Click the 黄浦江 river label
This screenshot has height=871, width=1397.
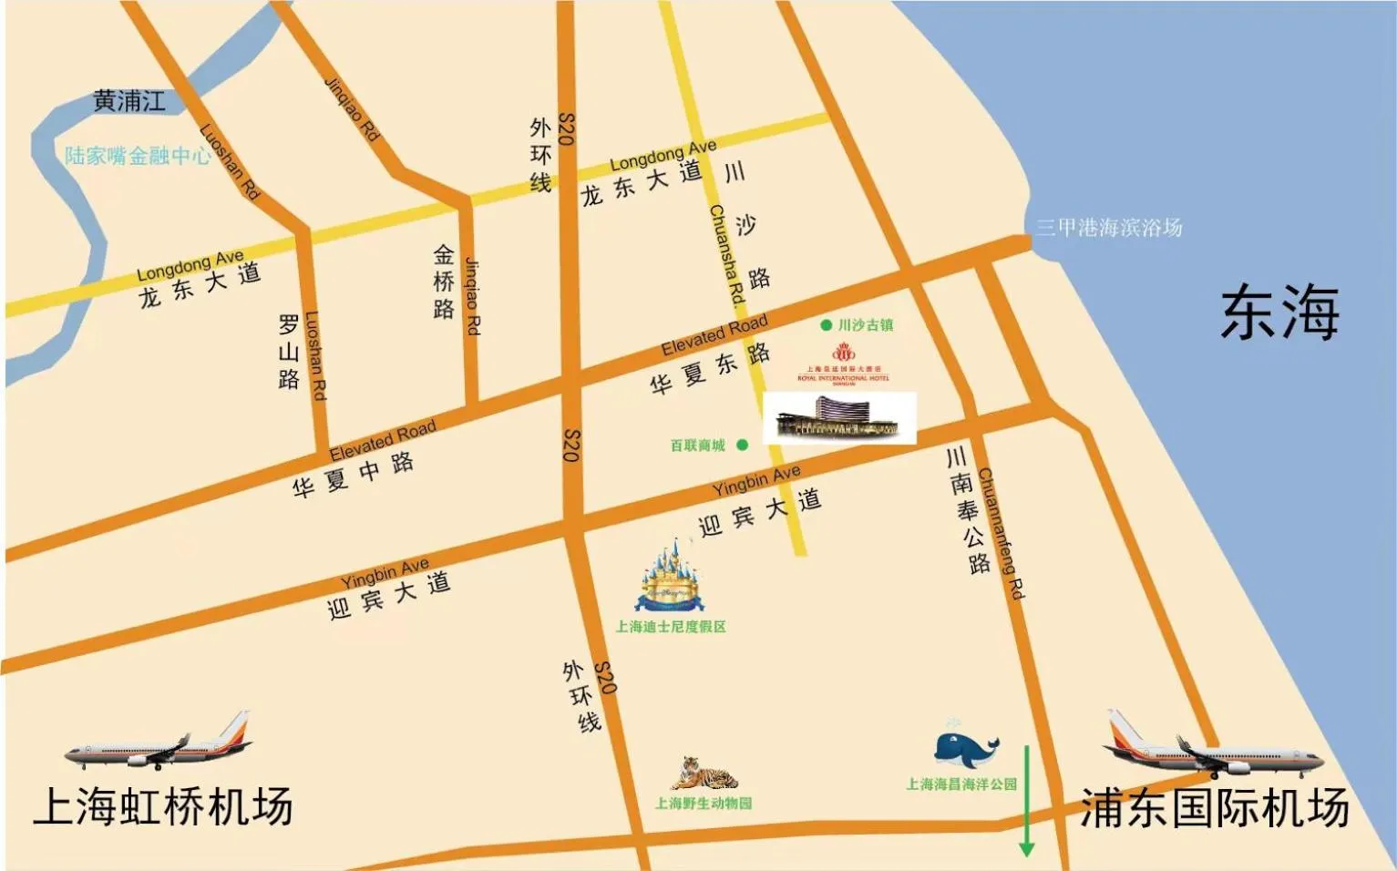[129, 101]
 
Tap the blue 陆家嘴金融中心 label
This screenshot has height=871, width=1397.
[138, 156]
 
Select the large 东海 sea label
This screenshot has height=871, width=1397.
[1279, 313]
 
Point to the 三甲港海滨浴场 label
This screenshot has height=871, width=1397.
[1108, 228]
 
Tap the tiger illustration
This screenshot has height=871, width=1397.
[704, 774]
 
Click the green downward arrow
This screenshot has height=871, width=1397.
[1027, 801]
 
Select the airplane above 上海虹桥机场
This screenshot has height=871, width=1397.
[159, 743]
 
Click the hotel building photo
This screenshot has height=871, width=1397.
[838, 418]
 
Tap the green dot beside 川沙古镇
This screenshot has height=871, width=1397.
[826, 324]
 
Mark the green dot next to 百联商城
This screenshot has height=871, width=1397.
[743, 445]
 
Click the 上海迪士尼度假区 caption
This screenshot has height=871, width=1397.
[671, 627]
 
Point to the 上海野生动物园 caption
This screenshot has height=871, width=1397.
[704, 804]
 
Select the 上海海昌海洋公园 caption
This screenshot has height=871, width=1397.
[961, 784]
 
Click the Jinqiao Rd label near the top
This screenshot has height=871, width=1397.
[352, 108]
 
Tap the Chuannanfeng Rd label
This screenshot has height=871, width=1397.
[1002, 534]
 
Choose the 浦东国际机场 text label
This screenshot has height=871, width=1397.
[1214, 808]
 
